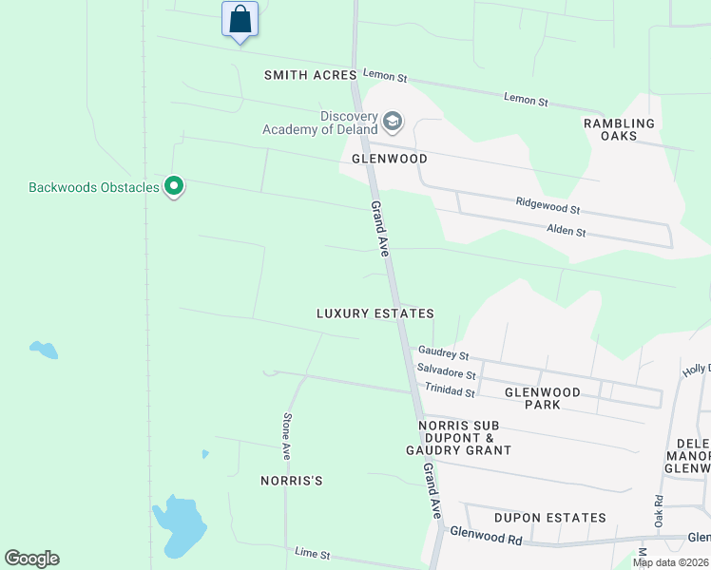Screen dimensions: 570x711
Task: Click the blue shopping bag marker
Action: pos(240,19)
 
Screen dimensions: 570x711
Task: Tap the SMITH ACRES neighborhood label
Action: pos(310,75)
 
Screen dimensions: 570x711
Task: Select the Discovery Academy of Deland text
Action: pos(319,123)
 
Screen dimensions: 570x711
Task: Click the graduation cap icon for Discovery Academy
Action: pos(393,123)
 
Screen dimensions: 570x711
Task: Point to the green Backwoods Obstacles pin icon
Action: pos(173,187)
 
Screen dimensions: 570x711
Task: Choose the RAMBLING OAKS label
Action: pos(619,129)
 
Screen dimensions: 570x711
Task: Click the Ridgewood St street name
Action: pos(548,204)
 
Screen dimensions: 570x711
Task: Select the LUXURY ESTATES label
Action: pos(375,313)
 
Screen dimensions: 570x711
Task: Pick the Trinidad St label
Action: pos(450,390)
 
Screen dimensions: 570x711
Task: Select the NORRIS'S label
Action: pos(292,482)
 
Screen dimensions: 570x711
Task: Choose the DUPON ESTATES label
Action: pos(549,518)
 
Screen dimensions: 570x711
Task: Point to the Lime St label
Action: pos(312,553)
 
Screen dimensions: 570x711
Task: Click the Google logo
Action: pos(32,559)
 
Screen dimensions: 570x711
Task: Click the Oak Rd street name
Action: pos(657,513)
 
